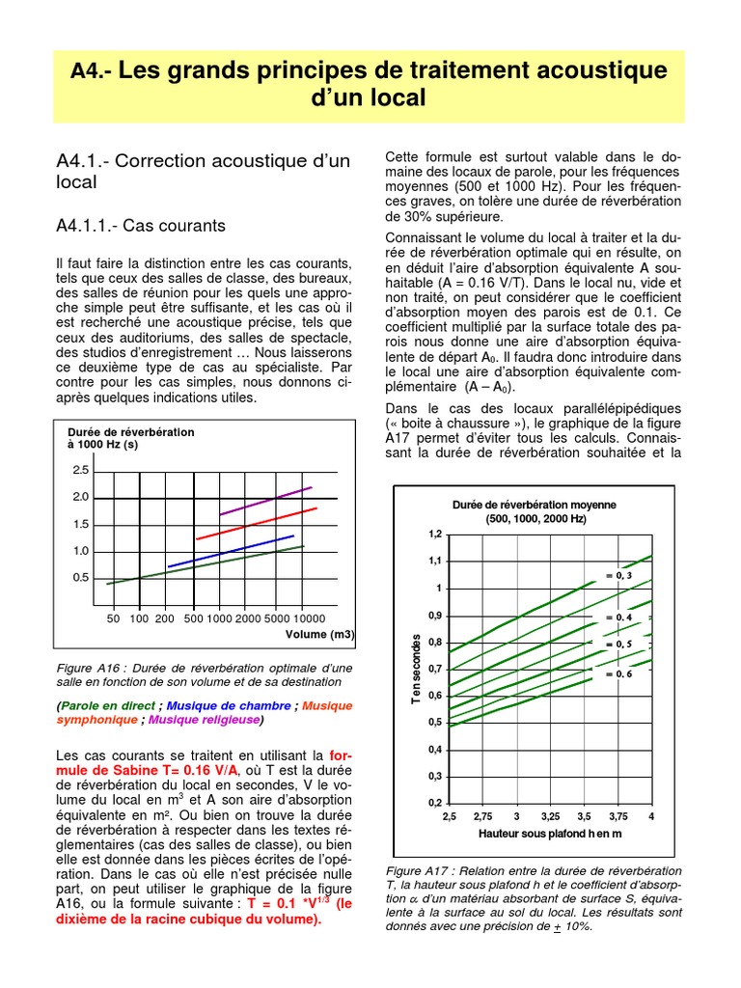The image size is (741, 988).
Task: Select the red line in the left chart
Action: [256, 523]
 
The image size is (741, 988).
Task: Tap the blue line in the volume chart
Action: [232, 551]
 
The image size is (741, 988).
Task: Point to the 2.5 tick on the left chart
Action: [80, 470]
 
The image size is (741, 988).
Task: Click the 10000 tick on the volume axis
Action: [309, 617]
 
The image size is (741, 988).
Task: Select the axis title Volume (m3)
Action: [319, 635]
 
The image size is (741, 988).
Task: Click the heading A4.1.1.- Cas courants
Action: [141, 226]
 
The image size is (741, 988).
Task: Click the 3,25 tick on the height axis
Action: [550, 816]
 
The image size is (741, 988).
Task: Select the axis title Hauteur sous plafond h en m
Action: [550, 833]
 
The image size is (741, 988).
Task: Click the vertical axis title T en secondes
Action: [417, 668]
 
